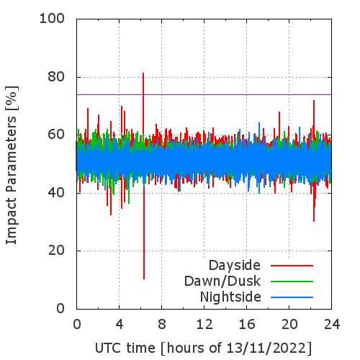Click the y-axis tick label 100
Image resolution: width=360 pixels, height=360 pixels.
[52, 19]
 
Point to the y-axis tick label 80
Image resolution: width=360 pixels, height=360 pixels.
[56, 77]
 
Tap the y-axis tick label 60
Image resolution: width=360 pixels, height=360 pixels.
[56, 135]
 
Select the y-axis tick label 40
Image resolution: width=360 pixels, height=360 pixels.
[56, 193]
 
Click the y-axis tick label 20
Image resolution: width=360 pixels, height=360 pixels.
[56, 251]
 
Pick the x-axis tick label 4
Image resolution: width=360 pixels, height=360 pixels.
[120, 325]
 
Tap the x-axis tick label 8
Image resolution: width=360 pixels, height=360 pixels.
[162, 325]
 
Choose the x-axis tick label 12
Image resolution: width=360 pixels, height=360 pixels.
[204, 325]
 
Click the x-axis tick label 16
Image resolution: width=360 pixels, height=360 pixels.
[247, 325]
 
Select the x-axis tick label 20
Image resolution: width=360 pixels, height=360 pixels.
[289, 325]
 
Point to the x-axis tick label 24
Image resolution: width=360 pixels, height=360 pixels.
[332, 325]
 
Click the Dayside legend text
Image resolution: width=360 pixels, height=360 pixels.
[235, 266]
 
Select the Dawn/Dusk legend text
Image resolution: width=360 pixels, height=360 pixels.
[222, 281]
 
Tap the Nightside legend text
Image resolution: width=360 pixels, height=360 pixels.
[230, 297]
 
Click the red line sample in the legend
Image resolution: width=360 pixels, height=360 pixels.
[292, 266]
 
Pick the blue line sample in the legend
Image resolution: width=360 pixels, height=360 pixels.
[292, 297]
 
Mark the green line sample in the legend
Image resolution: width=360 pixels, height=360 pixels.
[292, 282]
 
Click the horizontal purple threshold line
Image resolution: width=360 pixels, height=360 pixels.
[204, 94]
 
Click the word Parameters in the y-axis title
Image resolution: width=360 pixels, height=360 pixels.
[12, 155]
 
